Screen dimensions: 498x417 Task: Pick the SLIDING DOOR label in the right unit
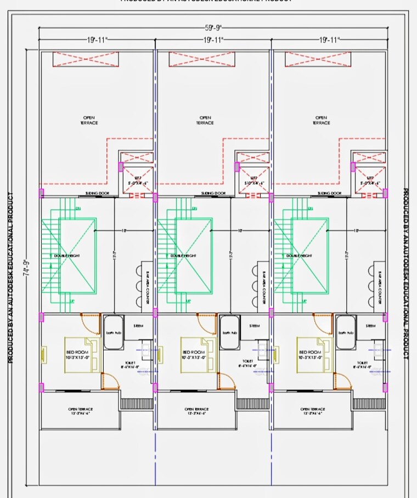[330, 194]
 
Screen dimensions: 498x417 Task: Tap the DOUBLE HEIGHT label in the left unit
[65, 256]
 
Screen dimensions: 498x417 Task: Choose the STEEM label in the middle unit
[255, 326]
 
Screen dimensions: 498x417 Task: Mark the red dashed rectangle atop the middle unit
[201, 59]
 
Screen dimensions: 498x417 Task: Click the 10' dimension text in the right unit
[356, 230]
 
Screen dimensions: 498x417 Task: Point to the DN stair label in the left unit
[77, 208]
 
